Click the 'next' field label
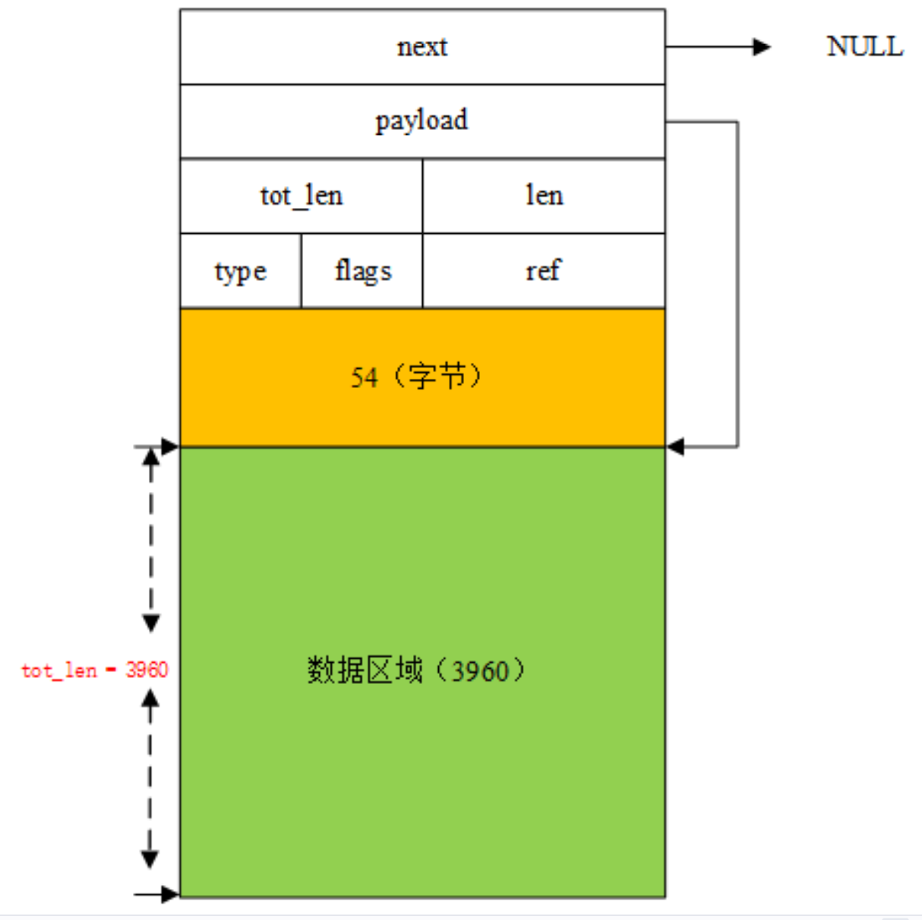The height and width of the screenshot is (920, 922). tap(422, 47)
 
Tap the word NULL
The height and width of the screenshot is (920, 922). tap(865, 46)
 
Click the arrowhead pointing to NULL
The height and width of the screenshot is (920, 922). tap(762, 47)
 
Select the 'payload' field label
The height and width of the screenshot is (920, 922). tap(422, 121)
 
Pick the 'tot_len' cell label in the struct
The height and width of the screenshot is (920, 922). tap(302, 196)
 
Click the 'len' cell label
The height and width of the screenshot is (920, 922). tap(544, 195)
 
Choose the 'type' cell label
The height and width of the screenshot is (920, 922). tap(240, 271)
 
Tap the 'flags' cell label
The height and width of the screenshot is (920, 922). tap(363, 270)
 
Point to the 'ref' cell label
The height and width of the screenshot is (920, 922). tap(543, 270)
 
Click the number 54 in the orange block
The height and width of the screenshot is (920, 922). tap(364, 377)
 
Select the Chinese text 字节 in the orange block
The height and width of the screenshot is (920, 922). tap(437, 376)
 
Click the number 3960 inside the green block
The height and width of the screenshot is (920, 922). tap(480, 671)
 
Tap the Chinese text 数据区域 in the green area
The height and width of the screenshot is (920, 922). tap(365, 670)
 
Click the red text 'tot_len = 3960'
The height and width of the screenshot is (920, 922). tap(95, 670)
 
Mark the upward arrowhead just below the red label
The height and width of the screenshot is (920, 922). tap(150, 697)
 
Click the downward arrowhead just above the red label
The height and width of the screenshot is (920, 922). tap(151, 623)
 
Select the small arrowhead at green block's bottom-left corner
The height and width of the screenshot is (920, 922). tap(170, 894)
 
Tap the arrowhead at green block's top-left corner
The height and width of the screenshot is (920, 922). tap(170, 446)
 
